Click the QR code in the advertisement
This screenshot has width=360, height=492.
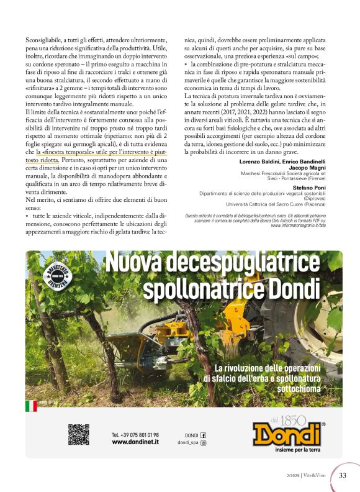point(79,434)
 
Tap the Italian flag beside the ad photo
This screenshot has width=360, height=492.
point(30,406)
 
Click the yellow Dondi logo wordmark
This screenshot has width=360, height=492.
point(289,433)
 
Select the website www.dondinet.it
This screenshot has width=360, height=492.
point(135,442)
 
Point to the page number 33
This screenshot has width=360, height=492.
point(343,476)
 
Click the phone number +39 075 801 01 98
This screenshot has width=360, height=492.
point(135,435)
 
